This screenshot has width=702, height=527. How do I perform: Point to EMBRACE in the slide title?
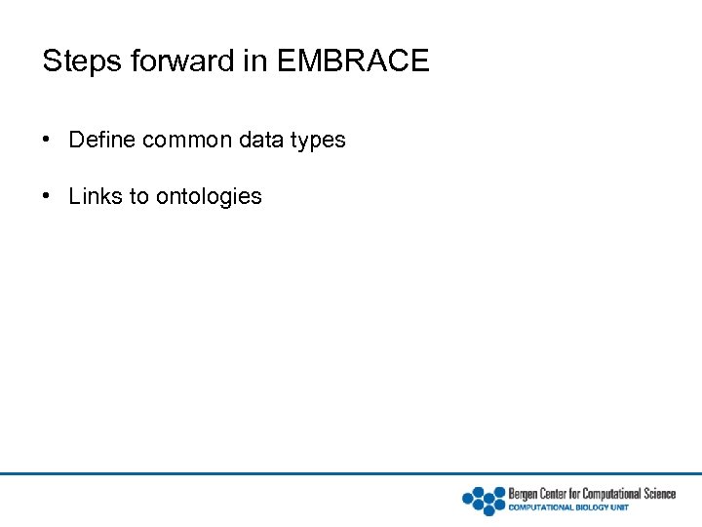click(353, 61)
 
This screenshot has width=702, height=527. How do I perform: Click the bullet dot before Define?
click(48, 140)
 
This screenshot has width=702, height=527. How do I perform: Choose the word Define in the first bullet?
click(101, 140)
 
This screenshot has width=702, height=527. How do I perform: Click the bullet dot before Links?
click(48, 196)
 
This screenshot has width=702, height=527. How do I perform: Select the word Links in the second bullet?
click(96, 196)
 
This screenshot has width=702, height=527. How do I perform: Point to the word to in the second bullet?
click(139, 196)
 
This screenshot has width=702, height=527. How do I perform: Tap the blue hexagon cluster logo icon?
click(484, 500)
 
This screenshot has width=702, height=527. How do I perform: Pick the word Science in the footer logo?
click(656, 494)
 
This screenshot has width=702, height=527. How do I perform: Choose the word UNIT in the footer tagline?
click(620, 507)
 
